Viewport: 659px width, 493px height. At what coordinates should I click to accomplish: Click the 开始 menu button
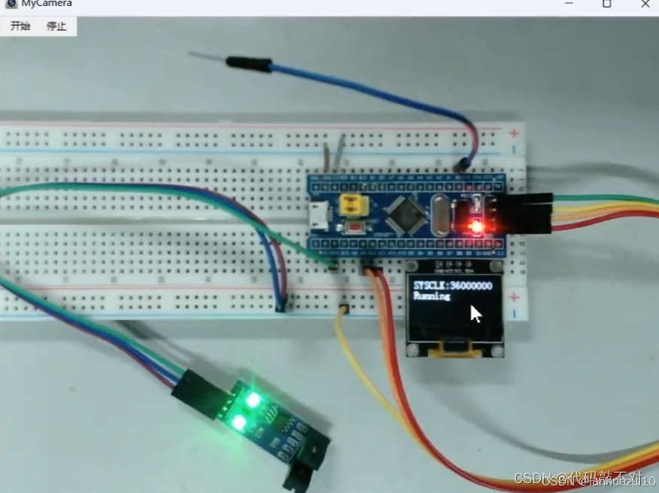click(20, 26)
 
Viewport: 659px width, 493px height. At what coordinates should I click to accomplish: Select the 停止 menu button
click(56, 26)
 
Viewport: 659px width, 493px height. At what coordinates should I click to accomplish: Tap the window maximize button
click(606, 4)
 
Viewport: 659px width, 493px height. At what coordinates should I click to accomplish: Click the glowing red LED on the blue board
click(475, 226)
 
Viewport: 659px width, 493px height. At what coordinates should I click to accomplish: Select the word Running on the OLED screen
click(432, 297)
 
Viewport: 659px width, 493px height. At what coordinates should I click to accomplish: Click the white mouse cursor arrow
click(475, 313)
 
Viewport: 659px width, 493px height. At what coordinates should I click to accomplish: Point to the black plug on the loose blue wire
click(248, 65)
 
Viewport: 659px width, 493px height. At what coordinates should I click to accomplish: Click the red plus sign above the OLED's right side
click(515, 297)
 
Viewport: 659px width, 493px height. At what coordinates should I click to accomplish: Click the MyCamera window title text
click(47, 4)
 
